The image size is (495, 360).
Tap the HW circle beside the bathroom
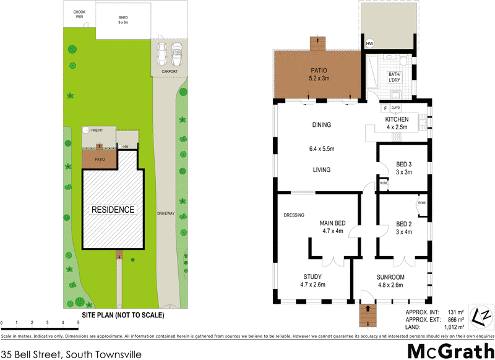(x=370, y=43)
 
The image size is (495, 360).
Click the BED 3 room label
(x=403, y=168)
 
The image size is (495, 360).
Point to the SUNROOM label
(x=390, y=280)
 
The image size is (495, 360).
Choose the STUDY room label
(x=312, y=280)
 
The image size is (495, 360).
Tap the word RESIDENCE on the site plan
(x=113, y=209)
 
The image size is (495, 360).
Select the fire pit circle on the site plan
(x=87, y=131)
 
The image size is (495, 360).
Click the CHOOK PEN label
(x=79, y=14)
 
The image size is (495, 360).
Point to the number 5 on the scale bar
(x=78, y=322)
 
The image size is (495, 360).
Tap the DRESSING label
(x=293, y=215)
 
